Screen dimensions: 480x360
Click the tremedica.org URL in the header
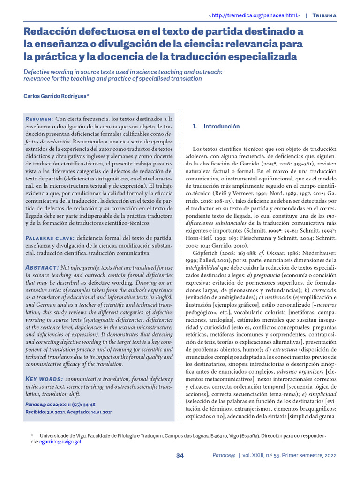coord(254,15)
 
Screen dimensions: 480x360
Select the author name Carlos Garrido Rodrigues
coord(55,96)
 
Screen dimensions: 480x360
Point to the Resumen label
coord(39,119)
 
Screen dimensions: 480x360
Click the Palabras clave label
coord(49,238)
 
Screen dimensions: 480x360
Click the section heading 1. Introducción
coord(216,126)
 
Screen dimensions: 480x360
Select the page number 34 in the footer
coord(180,455)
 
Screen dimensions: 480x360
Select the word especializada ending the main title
coord(256,57)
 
